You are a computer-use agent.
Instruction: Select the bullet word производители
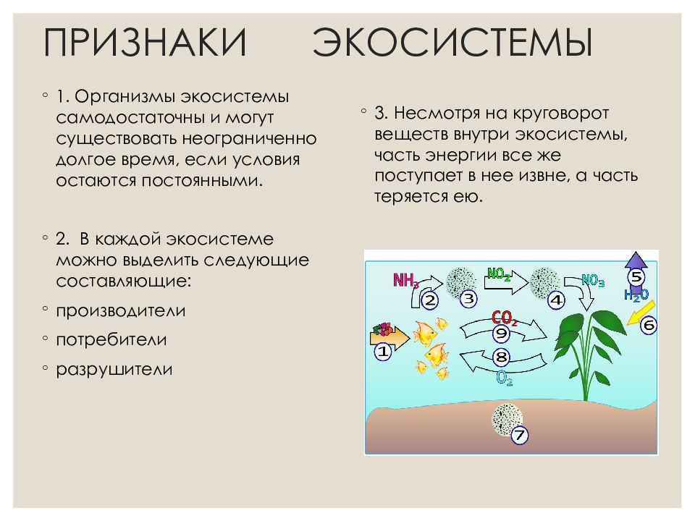pyautogui.click(x=121, y=310)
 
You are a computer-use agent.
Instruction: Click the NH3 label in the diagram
pyautogui.click(x=405, y=280)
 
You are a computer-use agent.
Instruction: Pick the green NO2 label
pyautogui.click(x=499, y=274)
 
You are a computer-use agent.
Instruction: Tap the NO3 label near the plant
pyautogui.click(x=593, y=281)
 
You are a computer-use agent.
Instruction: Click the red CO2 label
pyautogui.click(x=504, y=318)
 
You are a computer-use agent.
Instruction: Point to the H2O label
pyautogui.click(x=636, y=295)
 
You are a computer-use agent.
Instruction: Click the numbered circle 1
pyautogui.click(x=382, y=352)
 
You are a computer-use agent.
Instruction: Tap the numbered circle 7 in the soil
pyautogui.click(x=520, y=436)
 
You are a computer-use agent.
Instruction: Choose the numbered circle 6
pyautogui.click(x=648, y=326)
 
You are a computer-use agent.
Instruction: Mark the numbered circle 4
pyautogui.click(x=556, y=299)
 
